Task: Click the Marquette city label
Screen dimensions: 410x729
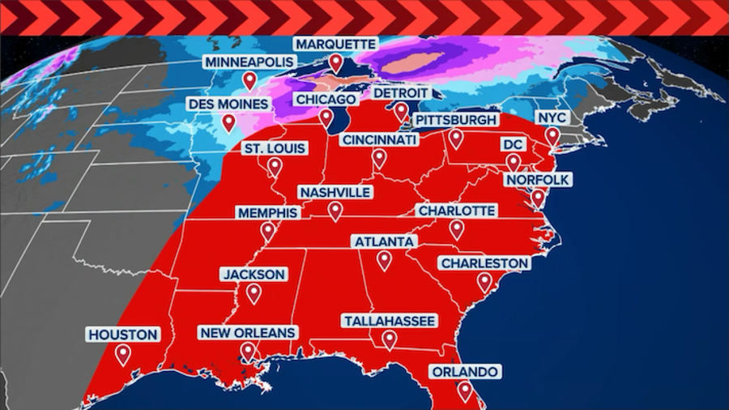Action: (x=335, y=43)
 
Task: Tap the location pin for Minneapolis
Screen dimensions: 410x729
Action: (x=249, y=79)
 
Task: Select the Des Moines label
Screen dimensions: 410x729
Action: (x=228, y=105)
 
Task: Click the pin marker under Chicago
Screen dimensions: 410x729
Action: (x=326, y=117)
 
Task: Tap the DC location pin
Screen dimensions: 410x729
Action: (x=512, y=161)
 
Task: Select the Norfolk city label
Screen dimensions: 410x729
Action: (x=538, y=179)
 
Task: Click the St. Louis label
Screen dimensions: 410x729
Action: (x=275, y=148)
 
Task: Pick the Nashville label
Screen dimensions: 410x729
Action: (x=335, y=192)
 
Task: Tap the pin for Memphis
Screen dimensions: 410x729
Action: (x=268, y=231)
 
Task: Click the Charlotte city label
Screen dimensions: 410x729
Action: (x=456, y=211)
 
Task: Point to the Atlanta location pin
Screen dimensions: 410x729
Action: (x=384, y=259)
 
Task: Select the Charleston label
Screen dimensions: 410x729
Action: (x=484, y=263)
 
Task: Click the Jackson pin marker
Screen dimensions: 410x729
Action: (x=254, y=293)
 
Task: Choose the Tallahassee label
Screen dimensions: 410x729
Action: (x=390, y=321)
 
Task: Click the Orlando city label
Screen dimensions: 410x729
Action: (x=464, y=372)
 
